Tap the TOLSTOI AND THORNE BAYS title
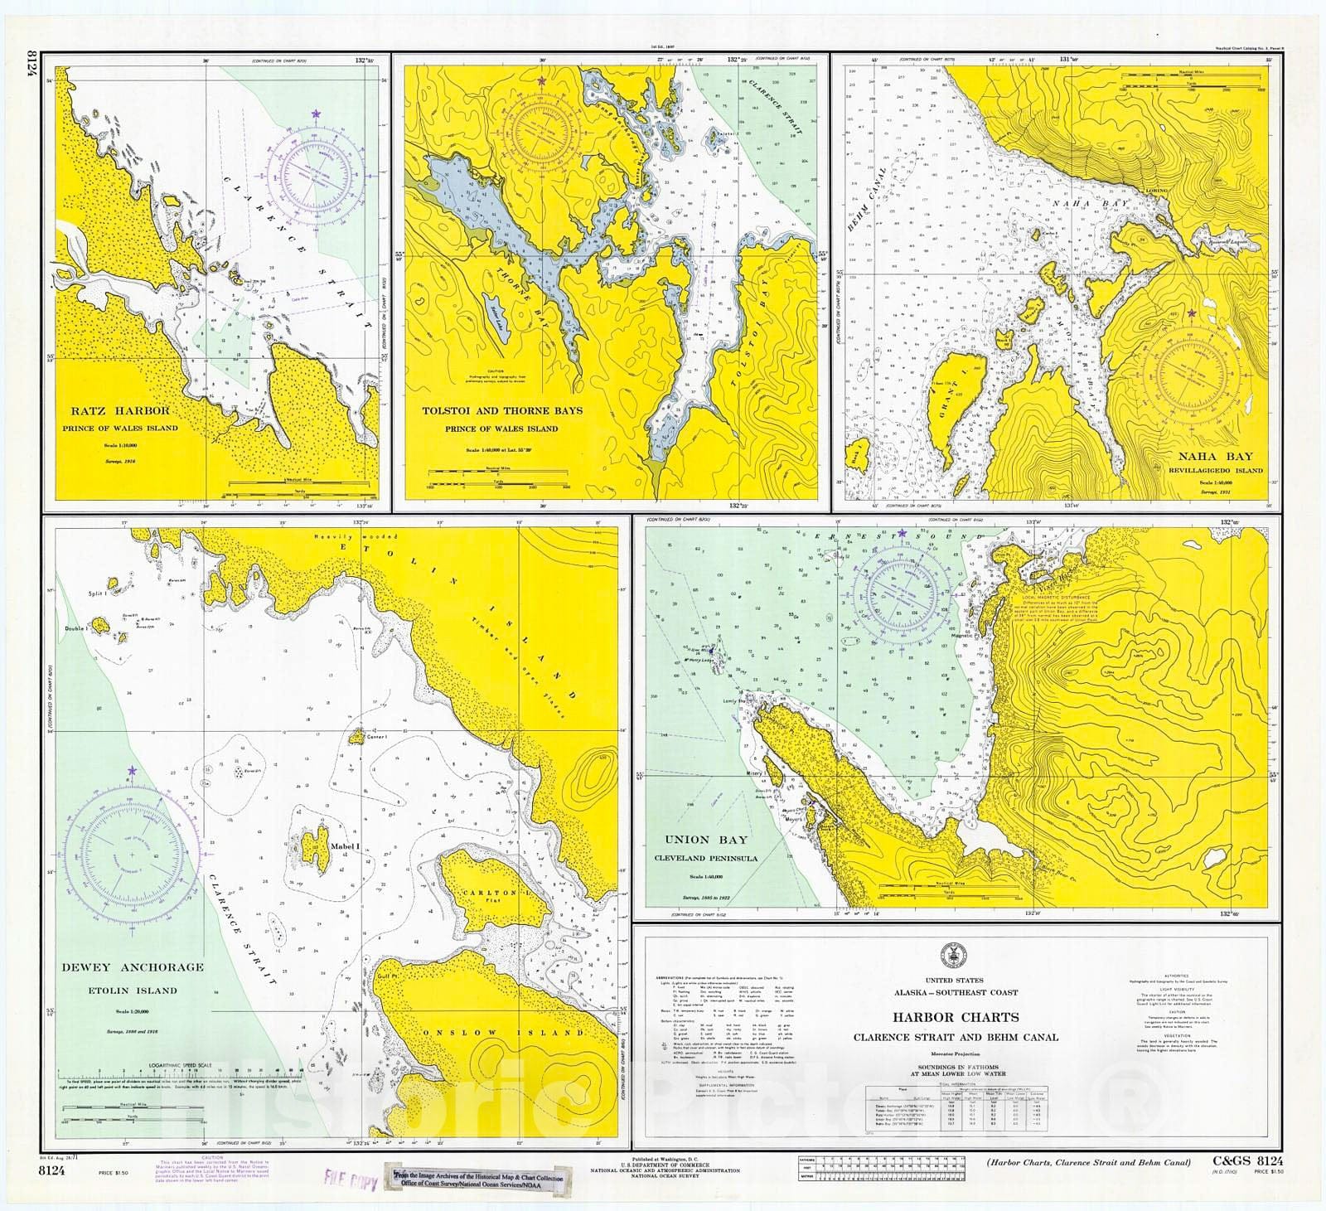coord(501,410)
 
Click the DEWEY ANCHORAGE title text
coord(132,967)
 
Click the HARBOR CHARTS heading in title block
coord(956,1017)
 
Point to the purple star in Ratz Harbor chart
coord(315,113)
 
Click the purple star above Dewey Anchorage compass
coord(132,772)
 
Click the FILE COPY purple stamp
coord(349,1180)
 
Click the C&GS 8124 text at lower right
coord(1242,1161)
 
